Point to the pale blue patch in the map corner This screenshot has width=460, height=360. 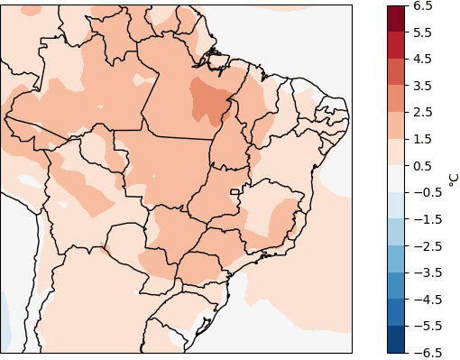[x=5, y=325]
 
